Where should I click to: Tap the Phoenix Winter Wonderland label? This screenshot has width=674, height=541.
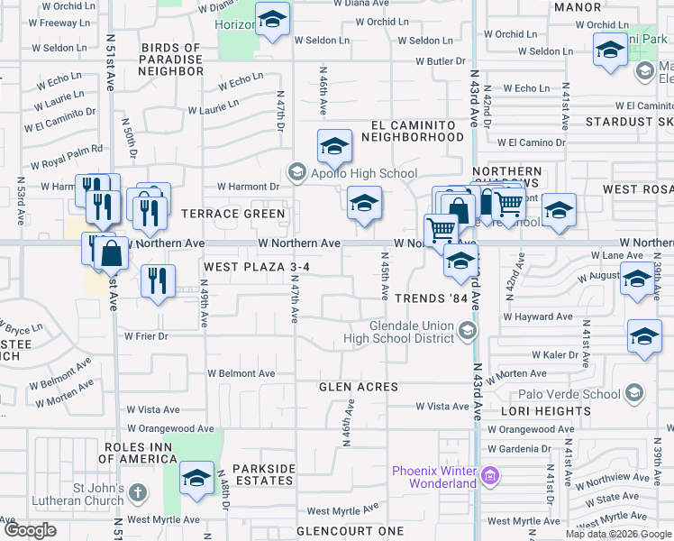pyautogui.click(x=433, y=477)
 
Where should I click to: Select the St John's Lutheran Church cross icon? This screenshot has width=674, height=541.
pyautogui.click(x=137, y=492)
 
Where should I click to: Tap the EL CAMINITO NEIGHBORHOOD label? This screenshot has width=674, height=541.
pyautogui.click(x=412, y=131)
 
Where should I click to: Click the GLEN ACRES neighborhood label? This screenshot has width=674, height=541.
pyautogui.click(x=359, y=387)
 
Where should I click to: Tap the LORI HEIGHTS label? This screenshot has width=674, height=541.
pyautogui.click(x=539, y=410)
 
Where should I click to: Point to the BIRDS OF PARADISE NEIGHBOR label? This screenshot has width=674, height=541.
pyautogui.click(x=172, y=60)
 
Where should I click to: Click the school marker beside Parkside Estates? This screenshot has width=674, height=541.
pyautogui.click(x=196, y=478)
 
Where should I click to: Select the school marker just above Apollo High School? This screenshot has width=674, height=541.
pyautogui.click(x=333, y=146)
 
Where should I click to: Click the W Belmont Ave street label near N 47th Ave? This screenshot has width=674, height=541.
pyautogui.click(x=241, y=372)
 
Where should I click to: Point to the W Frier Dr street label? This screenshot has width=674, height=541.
pyautogui.click(x=147, y=336)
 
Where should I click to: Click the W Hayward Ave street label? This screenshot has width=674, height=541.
pyautogui.click(x=538, y=317)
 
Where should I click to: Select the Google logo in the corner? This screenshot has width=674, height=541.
pyautogui.click(x=31, y=530)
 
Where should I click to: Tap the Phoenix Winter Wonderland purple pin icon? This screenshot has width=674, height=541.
pyautogui.click(x=490, y=474)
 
